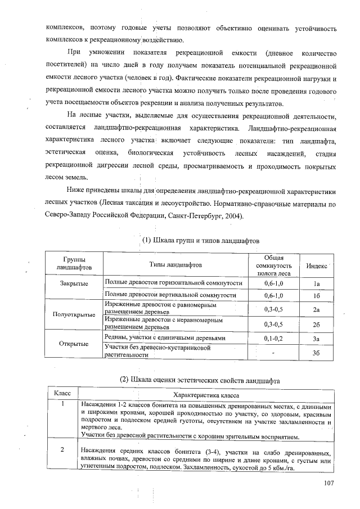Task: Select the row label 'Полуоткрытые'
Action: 74,314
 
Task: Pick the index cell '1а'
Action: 317,283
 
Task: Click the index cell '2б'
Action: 317,325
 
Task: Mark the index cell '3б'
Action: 317,353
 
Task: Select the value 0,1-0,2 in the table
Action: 273,339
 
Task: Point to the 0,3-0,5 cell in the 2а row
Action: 273,309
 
